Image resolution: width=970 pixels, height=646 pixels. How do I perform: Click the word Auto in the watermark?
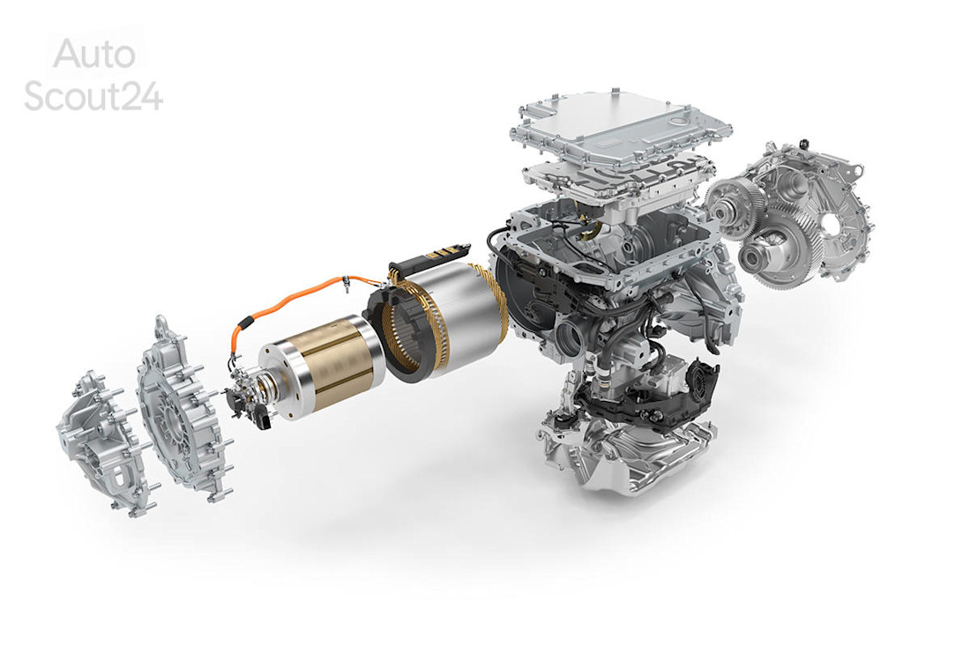coord(93,55)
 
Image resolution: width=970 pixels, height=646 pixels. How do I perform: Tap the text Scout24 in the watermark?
coord(93,95)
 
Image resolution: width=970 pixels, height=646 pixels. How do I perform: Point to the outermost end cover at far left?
coord(97,441)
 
